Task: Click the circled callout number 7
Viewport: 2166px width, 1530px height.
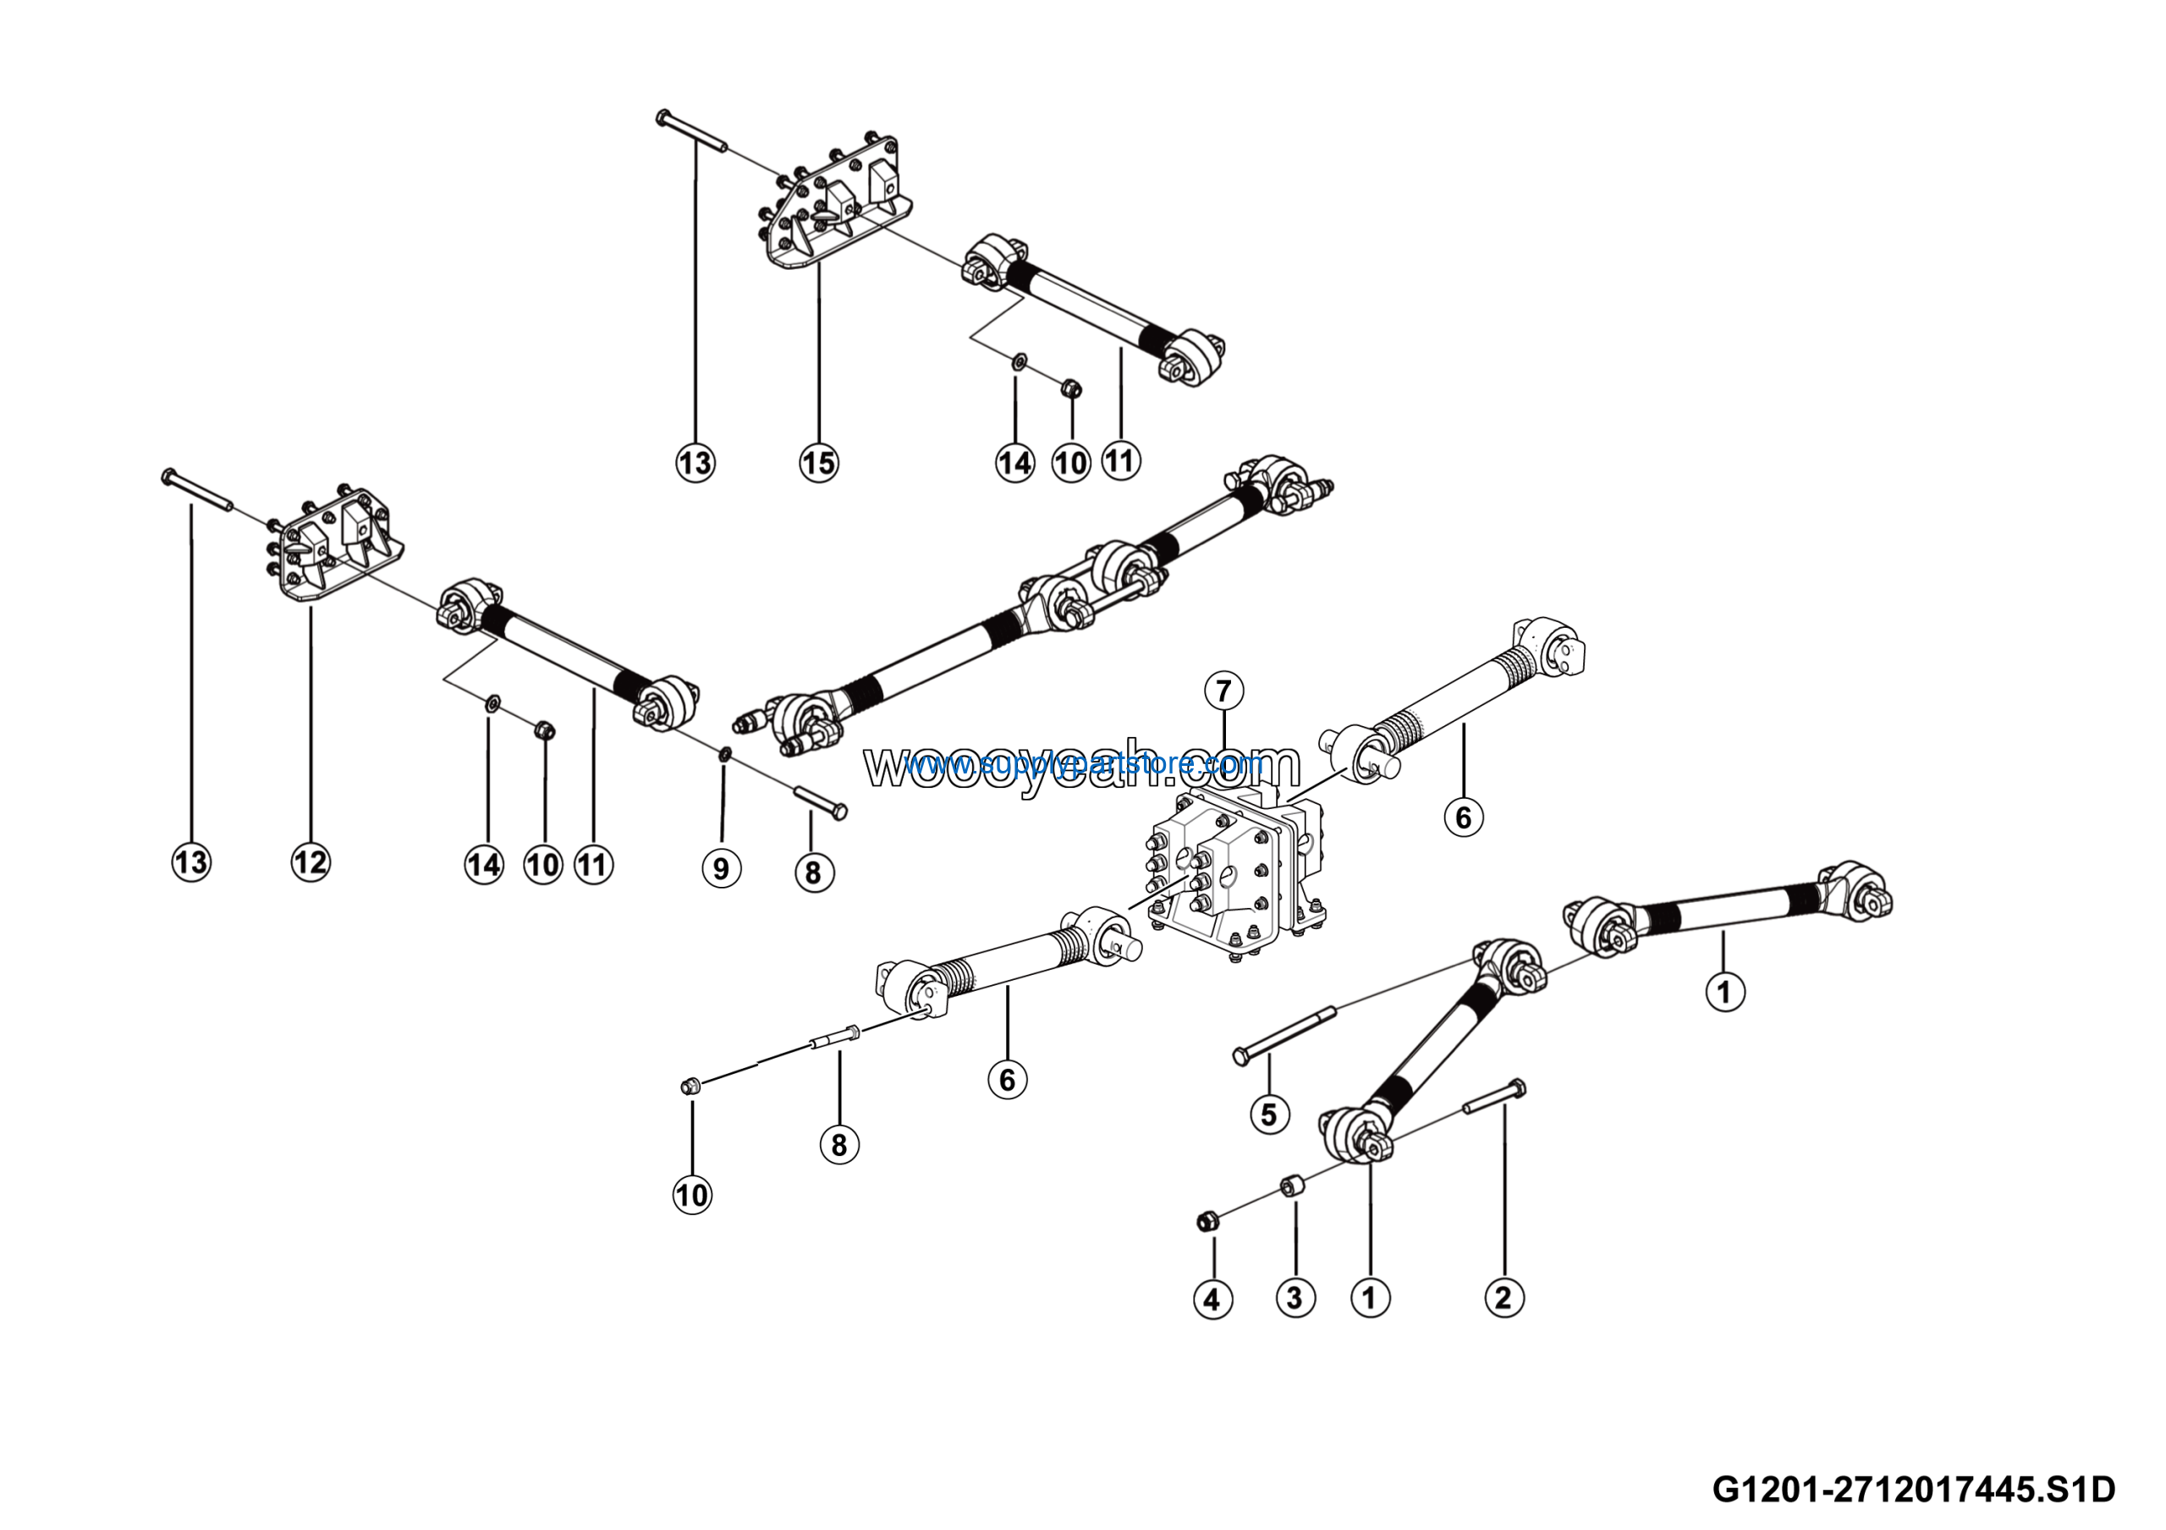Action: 1223,691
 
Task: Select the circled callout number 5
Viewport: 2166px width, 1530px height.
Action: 1269,1115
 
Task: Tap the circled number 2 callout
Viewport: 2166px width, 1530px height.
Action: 1504,1297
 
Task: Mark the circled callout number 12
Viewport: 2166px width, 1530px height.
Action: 311,862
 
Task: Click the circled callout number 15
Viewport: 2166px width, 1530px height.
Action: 819,462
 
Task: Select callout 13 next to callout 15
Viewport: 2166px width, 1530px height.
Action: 695,463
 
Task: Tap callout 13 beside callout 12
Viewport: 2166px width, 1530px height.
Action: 190,862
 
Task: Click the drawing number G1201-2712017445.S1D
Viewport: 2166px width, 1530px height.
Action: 1914,1490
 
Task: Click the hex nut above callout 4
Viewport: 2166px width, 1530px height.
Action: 1206,1223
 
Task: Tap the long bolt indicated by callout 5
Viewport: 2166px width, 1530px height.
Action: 1285,1035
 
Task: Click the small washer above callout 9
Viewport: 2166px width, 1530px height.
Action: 723,753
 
